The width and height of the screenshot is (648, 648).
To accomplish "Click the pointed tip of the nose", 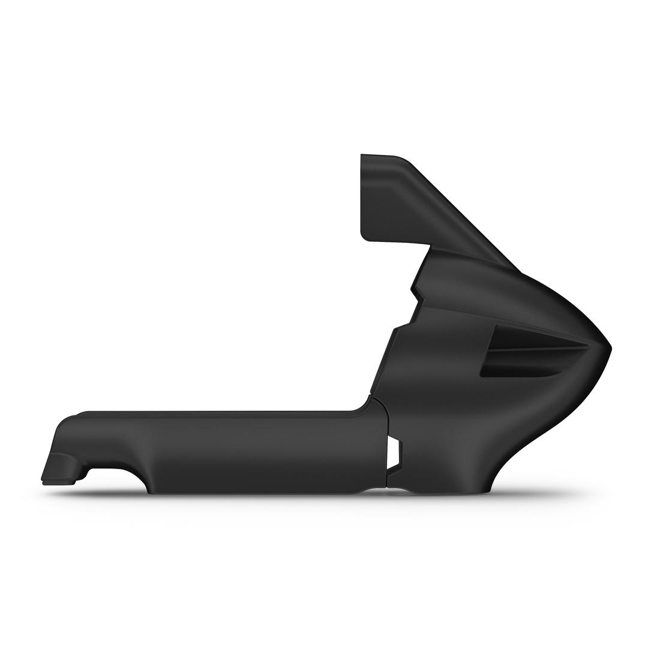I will tap(610, 347).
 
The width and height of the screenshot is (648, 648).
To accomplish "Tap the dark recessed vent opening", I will tap(528, 354).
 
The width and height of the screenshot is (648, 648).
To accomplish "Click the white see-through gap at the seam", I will tap(393, 452).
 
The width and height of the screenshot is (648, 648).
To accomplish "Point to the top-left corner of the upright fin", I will tap(362, 155).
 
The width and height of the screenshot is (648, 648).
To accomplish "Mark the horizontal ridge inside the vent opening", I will tap(534, 349).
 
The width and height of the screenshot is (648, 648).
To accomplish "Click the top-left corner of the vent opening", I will tap(496, 327).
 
